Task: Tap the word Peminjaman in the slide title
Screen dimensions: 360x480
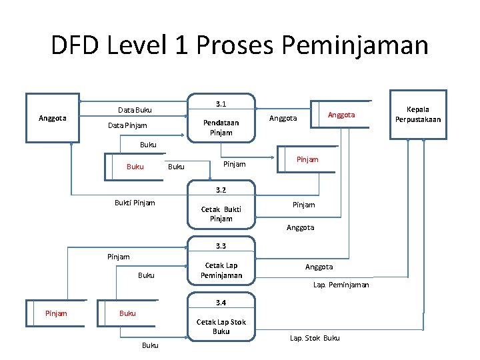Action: click(x=355, y=45)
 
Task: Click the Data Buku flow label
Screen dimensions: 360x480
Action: click(x=135, y=109)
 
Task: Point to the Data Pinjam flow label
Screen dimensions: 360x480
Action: click(x=127, y=125)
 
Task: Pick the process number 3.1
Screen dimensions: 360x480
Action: click(x=221, y=104)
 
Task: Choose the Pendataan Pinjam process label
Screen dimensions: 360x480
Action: click(x=221, y=127)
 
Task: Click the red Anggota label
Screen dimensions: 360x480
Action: click(x=341, y=115)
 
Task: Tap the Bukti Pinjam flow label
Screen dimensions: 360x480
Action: click(x=135, y=203)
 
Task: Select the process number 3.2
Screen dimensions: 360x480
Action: click(x=221, y=190)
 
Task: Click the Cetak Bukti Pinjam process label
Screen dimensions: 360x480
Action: click(x=221, y=213)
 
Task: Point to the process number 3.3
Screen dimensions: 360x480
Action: click(x=221, y=246)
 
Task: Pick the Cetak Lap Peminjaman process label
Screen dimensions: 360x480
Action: click(x=221, y=270)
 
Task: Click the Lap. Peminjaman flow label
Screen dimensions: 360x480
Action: click(x=341, y=285)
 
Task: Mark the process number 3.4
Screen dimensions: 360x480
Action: click(x=221, y=302)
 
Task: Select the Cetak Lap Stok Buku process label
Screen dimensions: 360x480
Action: click(x=221, y=326)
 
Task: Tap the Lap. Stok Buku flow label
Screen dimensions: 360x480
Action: click(x=315, y=338)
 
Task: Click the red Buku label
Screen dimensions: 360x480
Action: click(x=127, y=313)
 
